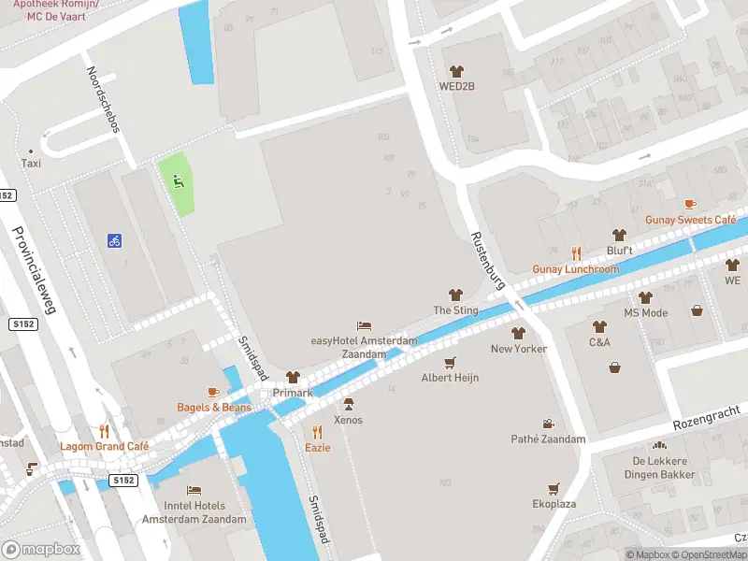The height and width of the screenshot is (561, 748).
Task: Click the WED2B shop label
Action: pos(457,87)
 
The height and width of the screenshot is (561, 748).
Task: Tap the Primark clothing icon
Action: pos(293,377)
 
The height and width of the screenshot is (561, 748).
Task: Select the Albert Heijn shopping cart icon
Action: pos(451,362)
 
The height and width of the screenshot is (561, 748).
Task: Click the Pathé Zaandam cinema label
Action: pos(548,439)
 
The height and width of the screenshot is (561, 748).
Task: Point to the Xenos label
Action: pos(349,420)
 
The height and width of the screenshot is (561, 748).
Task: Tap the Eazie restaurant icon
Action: pos(317,432)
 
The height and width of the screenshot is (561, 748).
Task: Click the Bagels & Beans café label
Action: pos(214,408)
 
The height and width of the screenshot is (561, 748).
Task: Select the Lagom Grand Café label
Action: pos(105,447)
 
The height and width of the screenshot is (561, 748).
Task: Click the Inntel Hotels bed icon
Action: pos(194,490)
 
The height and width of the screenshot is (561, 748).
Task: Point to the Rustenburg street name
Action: pos(488,259)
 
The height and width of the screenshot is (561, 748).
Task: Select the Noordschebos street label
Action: pos(103,99)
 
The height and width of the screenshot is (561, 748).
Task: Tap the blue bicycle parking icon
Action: pos(114,240)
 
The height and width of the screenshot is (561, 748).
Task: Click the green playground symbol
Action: pos(176,180)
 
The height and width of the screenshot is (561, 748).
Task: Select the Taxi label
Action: pos(31,163)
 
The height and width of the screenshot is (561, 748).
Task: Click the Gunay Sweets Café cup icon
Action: pos(690,204)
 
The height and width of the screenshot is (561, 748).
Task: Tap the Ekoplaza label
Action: pos(554,503)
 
